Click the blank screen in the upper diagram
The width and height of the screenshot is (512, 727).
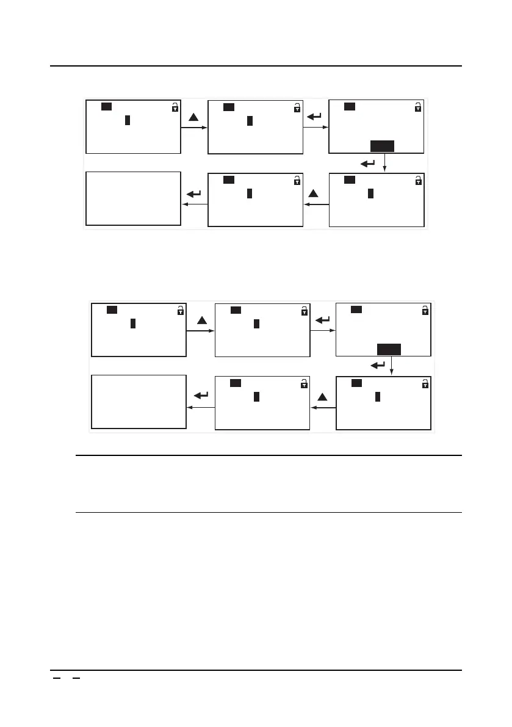click(133, 198)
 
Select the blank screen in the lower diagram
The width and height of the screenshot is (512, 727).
click(139, 402)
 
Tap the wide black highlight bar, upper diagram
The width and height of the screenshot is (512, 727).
click(382, 146)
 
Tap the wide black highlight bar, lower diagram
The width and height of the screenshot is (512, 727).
click(389, 349)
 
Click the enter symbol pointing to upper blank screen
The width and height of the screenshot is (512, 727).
click(194, 194)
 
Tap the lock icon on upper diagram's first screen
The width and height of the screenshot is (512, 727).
click(175, 108)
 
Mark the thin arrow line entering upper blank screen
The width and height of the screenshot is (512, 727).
click(194, 204)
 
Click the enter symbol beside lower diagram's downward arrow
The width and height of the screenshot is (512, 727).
click(378, 365)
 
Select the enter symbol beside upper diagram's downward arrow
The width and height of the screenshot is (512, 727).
click(368, 163)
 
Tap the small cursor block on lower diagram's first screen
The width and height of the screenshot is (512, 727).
click(133, 324)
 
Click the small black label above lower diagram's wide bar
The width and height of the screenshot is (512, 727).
click(356, 309)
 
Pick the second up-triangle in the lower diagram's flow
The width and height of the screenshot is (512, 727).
click(323, 397)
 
